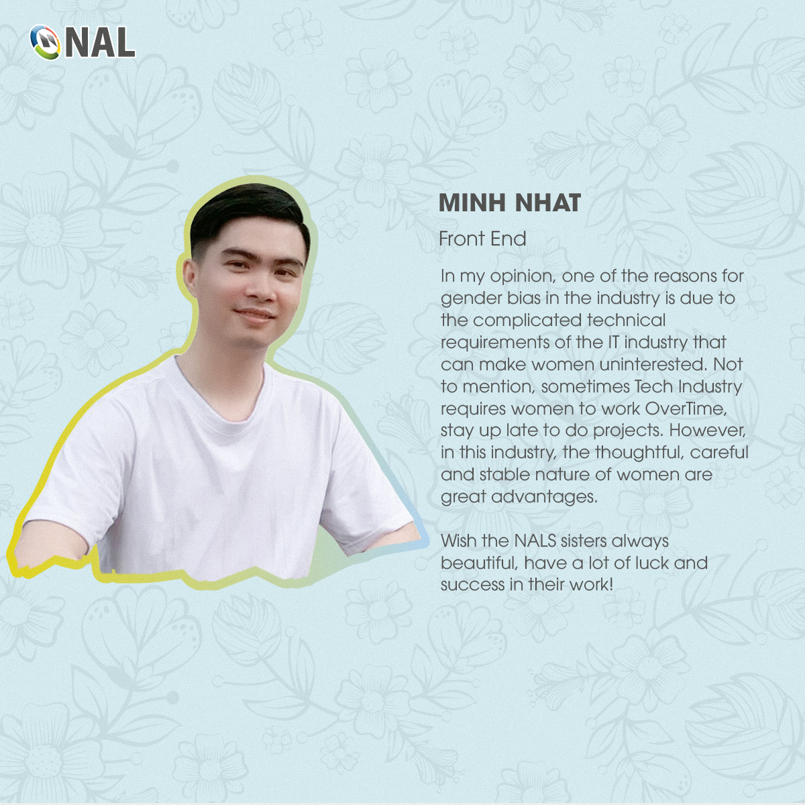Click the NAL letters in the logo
[x=101, y=42]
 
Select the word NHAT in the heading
[x=547, y=203]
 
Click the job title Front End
[x=482, y=239]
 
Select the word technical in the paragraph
[x=626, y=321]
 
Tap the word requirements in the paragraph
[x=494, y=343]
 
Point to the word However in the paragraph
[x=707, y=431]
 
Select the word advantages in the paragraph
[x=544, y=497]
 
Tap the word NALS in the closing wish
[x=535, y=541]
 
